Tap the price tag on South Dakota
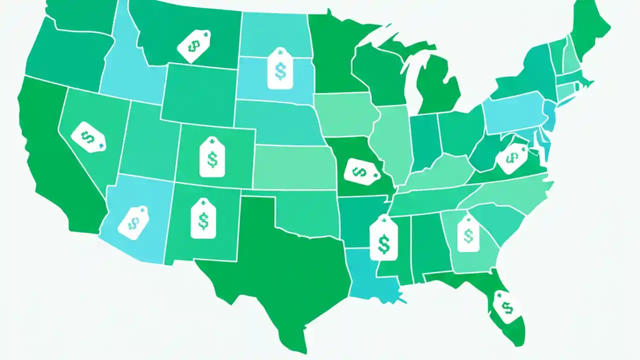tap(280, 69)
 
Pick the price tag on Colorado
tap(212, 157)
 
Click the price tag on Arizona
tap(132, 221)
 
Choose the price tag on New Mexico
tap(203, 218)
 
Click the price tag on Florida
tap(506, 304)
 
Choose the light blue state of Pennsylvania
tap(515, 112)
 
